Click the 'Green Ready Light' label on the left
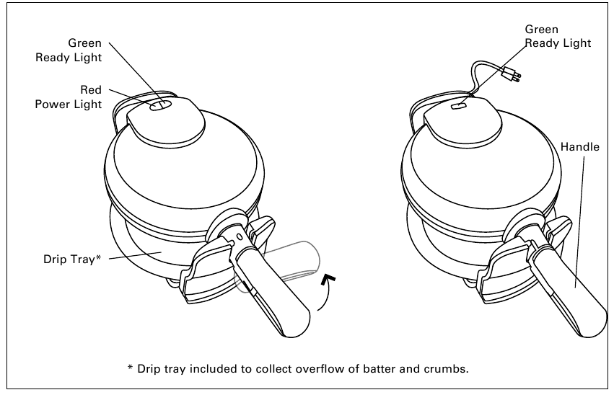(69, 50)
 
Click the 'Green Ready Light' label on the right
(557, 36)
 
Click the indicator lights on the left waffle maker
(161, 105)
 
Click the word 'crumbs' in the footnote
(444, 368)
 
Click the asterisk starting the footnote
(131, 368)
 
